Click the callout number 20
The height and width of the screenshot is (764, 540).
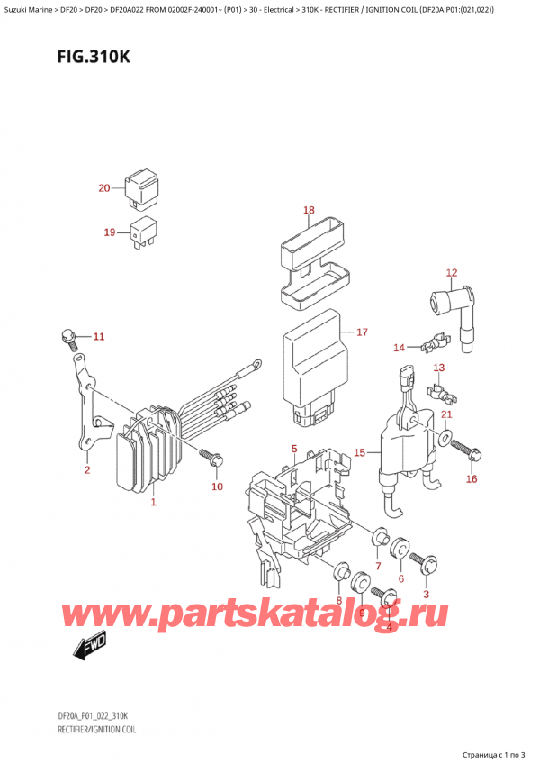pyautogui.click(x=103, y=188)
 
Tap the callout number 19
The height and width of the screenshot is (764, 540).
pyautogui.click(x=109, y=232)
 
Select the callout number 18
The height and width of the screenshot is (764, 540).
pyautogui.click(x=309, y=211)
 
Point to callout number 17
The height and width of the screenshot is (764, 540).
pyautogui.click(x=362, y=332)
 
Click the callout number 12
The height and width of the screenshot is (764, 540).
pyautogui.click(x=452, y=272)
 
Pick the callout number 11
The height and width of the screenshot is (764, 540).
pyautogui.click(x=99, y=337)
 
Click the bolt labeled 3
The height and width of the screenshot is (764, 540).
pyautogui.click(x=427, y=564)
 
